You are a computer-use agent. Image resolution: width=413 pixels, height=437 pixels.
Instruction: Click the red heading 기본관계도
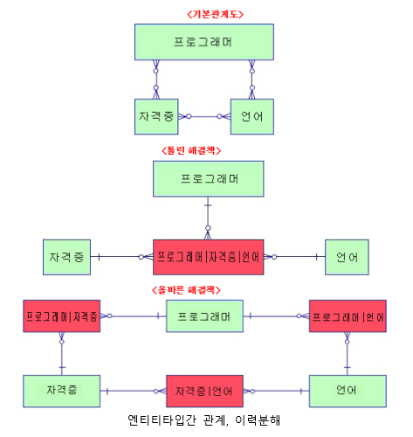pos(215,14)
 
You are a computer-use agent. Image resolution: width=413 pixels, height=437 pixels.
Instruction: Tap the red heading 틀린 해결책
pos(191,150)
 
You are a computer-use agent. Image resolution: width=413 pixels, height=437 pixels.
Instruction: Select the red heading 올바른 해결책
pos(186,290)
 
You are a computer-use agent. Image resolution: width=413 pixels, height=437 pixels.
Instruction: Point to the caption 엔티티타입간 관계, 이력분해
pos(203,420)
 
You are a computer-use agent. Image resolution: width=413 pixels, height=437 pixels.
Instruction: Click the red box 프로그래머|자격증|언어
pos(209,257)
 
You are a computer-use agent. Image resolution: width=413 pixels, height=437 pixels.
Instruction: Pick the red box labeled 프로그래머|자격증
pos(62,316)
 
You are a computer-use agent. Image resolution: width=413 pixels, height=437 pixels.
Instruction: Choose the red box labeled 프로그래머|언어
pos(348,316)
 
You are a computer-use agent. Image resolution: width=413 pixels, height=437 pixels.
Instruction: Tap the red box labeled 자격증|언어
pos(204,391)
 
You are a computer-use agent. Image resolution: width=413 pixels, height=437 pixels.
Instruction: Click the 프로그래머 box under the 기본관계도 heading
pos(204,42)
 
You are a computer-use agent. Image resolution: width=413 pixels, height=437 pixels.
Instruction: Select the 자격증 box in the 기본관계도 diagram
pos(156,116)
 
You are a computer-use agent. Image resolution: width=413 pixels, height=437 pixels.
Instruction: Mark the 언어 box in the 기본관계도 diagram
pos(252,116)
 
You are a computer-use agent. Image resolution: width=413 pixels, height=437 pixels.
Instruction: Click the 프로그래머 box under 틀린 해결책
pos(209,178)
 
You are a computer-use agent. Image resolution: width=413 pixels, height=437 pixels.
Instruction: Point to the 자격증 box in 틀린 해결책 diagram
pos(66,257)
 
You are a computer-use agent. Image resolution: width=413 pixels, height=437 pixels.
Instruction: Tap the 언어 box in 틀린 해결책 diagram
pos(347,257)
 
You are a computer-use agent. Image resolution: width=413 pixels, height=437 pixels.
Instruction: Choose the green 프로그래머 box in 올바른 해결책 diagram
pos(204,316)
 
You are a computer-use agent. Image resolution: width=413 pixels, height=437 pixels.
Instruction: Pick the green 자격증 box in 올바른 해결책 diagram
pos(62,391)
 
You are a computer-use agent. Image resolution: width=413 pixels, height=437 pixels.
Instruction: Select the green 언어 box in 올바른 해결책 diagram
pos(348,391)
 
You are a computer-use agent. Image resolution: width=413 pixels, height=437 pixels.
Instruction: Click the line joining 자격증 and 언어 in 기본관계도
pos(204,116)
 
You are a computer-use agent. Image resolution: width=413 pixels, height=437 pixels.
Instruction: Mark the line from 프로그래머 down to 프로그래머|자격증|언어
pos(208,218)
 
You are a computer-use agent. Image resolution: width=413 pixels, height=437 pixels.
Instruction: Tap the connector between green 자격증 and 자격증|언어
pos(134,391)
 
